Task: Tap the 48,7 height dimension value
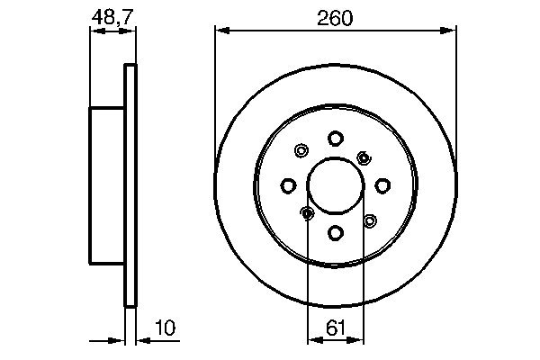(x=109, y=17)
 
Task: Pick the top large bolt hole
(x=335, y=138)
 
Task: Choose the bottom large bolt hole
(x=335, y=233)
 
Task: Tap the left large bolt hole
(x=288, y=185)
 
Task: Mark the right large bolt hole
(x=382, y=185)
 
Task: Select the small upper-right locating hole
(x=364, y=157)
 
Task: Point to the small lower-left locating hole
(x=306, y=213)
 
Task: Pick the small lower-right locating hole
(x=369, y=220)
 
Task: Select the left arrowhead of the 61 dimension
(x=313, y=340)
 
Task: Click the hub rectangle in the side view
(x=107, y=184)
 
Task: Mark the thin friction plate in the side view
(x=130, y=184)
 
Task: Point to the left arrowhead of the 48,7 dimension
(x=94, y=31)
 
